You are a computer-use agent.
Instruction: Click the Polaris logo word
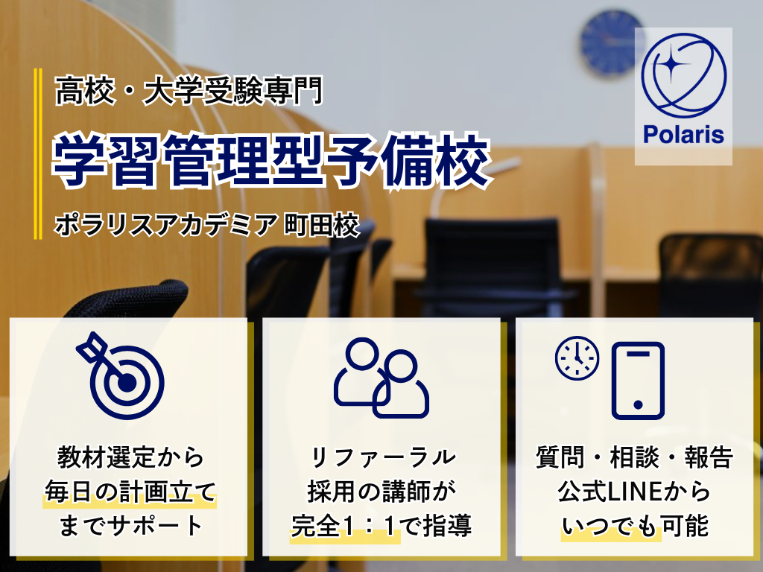(683, 134)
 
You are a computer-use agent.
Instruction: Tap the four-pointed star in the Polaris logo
(670, 63)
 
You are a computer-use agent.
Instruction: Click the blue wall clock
(611, 42)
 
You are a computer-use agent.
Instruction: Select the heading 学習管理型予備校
(271, 162)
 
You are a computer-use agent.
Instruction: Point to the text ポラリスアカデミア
(165, 225)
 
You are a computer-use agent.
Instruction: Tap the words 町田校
(322, 225)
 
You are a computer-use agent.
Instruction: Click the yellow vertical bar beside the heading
(37, 153)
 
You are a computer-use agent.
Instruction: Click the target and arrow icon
(120, 375)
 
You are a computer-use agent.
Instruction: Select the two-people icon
(381, 378)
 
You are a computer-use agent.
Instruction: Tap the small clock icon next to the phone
(577, 357)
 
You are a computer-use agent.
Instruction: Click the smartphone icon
(638, 381)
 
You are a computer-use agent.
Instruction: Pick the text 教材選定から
(130, 457)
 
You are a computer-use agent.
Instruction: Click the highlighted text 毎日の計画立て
(130, 492)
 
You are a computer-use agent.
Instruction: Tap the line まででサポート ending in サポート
(130, 526)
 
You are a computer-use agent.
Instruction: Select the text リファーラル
(383, 457)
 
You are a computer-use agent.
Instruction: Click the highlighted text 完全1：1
(345, 526)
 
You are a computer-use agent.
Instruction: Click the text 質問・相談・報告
(635, 457)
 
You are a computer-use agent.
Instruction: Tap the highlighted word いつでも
(611, 526)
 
